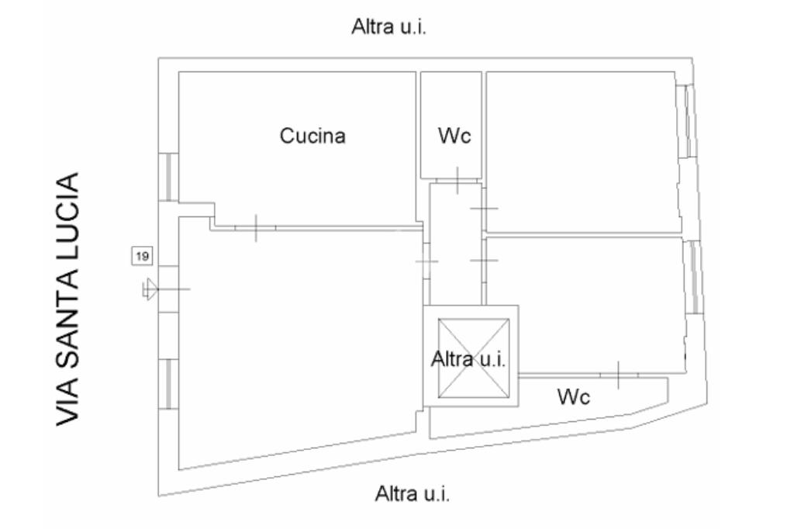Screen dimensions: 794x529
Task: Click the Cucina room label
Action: [x=312, y=136]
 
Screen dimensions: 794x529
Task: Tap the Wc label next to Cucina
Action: [x=454, y=136]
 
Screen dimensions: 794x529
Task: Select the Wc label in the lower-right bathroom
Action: [x=573, y=397]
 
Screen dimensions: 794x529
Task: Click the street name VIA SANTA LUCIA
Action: [x=67, y=299]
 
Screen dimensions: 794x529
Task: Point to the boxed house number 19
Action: [x=143, y=256]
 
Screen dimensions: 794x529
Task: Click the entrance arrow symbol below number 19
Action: [x=150, y=289]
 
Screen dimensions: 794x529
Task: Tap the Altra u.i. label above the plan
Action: [x=389, y=26]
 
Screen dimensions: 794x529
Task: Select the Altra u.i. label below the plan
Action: [x=413, y=493]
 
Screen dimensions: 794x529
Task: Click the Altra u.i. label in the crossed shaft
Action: [x=468, y=359]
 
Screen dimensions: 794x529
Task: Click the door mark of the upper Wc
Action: [x=457, y=181]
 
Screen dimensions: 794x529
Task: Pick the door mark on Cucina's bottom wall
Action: [x=256, y=228]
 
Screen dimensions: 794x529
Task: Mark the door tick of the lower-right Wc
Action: [x=618, y=375]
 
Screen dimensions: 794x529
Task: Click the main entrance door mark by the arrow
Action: [x=174, y=289]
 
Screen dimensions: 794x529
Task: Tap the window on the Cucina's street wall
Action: [x=168, y=177]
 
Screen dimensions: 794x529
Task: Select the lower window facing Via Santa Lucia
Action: [x=168, y=384]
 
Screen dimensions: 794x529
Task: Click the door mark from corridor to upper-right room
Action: [x=484, y=208]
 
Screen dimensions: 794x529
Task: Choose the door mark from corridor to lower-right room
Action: [x=484, y=261]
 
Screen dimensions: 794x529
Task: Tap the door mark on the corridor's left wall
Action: [x=427, y=261]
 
